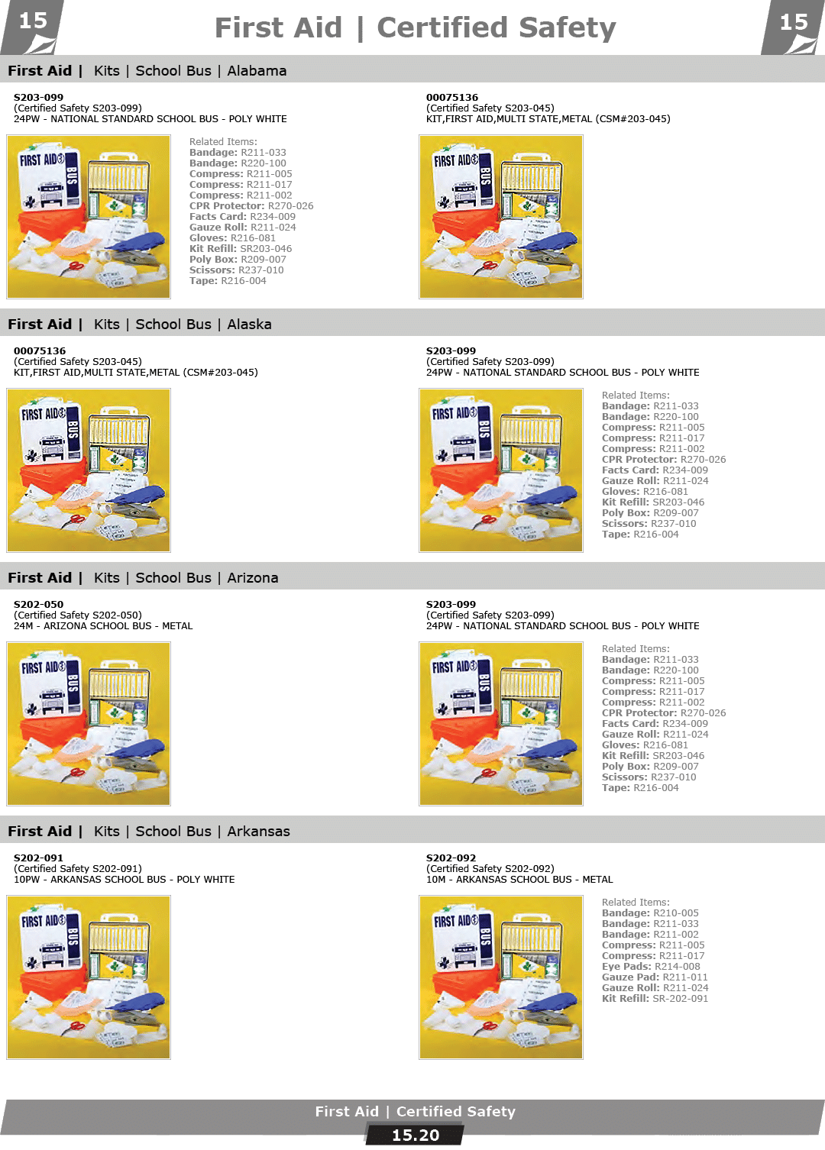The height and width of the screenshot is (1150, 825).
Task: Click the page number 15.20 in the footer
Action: [x=416, y=1135]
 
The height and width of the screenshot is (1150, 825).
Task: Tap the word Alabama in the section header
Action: [x=257, y=71]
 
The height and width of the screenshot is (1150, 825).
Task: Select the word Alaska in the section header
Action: [x=249, y=325]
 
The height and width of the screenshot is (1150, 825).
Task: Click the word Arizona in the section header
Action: [x=253, y=578]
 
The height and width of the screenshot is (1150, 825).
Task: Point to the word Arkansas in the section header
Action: [x=258, y=832]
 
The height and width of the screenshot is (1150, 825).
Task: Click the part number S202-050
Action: [x=38, y=604]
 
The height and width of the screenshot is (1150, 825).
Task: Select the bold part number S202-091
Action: [x=38, y=858]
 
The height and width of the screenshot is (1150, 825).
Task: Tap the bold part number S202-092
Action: [x=451, y=858]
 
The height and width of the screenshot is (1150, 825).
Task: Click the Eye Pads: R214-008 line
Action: [x=651, y=966]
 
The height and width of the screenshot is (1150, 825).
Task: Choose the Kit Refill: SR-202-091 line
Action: [x=655, y=999]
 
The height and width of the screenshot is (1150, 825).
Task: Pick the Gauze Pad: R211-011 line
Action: [x=655, y=977]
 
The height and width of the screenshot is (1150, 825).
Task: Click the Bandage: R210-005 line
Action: [x=650, y=913]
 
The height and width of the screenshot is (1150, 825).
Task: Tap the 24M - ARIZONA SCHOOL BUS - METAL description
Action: [x=103, y=626]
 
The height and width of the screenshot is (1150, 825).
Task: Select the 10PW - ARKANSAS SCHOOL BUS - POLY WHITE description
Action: [x=125, y=880]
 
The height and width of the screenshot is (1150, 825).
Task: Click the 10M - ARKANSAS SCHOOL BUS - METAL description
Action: [x=519, y=880]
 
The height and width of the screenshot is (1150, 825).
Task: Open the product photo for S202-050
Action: [x=89, y=724]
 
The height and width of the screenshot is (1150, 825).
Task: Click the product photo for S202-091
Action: [x=89, y=977]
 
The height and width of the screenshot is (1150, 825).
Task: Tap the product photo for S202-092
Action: [x=501, y=977]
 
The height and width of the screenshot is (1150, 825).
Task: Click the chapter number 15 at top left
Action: [x=33, y=21]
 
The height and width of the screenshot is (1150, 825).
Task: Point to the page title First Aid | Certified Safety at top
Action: [x=415, y=27]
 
